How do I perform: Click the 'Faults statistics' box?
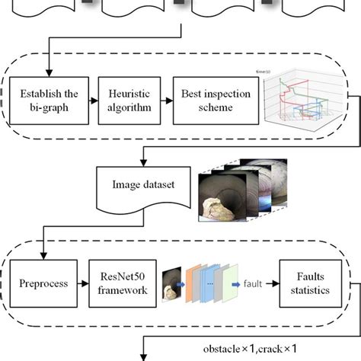pos(308,283)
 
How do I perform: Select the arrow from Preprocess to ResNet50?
pos(81,283)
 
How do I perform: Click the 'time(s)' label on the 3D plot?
pos(264,72)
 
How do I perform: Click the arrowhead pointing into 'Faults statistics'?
pos(275,283)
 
